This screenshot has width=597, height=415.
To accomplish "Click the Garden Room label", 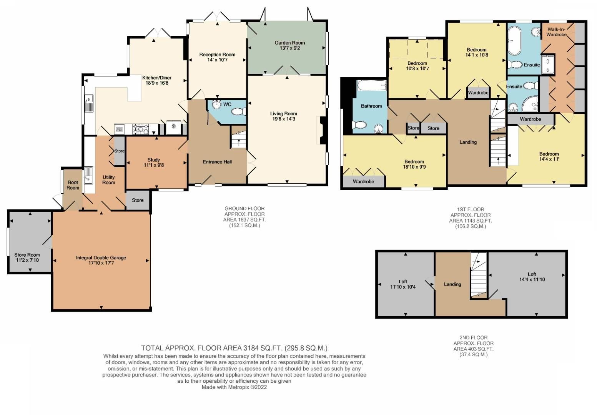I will point(289,43).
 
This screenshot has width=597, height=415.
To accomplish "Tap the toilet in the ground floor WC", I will point(238,112).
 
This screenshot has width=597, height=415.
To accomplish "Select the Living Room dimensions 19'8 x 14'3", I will point(283,119).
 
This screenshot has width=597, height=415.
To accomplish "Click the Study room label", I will point(153,160).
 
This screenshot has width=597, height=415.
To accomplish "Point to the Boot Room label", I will point(73,185).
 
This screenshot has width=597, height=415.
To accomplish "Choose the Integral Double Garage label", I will point(101,258).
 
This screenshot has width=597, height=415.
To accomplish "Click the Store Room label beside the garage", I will point(27,255).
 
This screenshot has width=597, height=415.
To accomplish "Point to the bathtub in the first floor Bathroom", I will point(371,85).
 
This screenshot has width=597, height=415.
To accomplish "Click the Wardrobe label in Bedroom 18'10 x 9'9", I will point(363,181).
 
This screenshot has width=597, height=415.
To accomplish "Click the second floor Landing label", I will point(452,284).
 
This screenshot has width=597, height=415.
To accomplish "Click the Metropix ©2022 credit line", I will point(234,387).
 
